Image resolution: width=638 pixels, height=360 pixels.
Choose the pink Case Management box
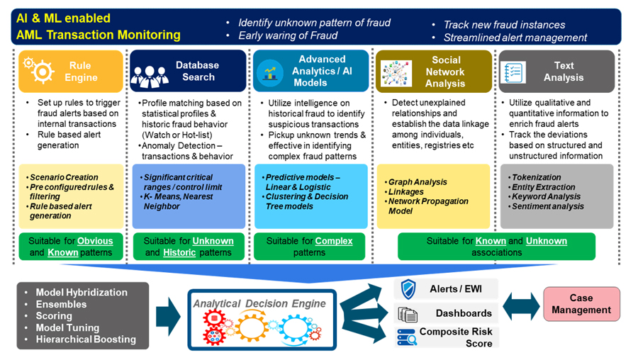coord(582,304)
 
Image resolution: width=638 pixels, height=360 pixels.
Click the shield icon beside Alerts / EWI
coord(408,288)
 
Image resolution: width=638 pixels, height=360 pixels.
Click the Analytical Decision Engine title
coord(259,303)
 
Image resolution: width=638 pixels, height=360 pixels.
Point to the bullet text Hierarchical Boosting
coord(86,339)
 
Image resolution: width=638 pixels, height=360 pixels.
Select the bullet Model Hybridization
coord(82,292)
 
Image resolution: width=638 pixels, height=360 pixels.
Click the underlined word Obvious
coord(95,241)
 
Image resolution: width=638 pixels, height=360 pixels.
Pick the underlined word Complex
coord(333,241)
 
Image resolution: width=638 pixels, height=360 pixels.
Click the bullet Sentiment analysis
coord(548,206)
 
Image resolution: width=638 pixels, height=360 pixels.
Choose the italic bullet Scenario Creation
coord(64,177)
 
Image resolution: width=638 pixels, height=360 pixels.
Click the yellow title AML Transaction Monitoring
coord(99,35)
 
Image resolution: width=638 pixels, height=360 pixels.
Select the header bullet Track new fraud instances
coord(504,25)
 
